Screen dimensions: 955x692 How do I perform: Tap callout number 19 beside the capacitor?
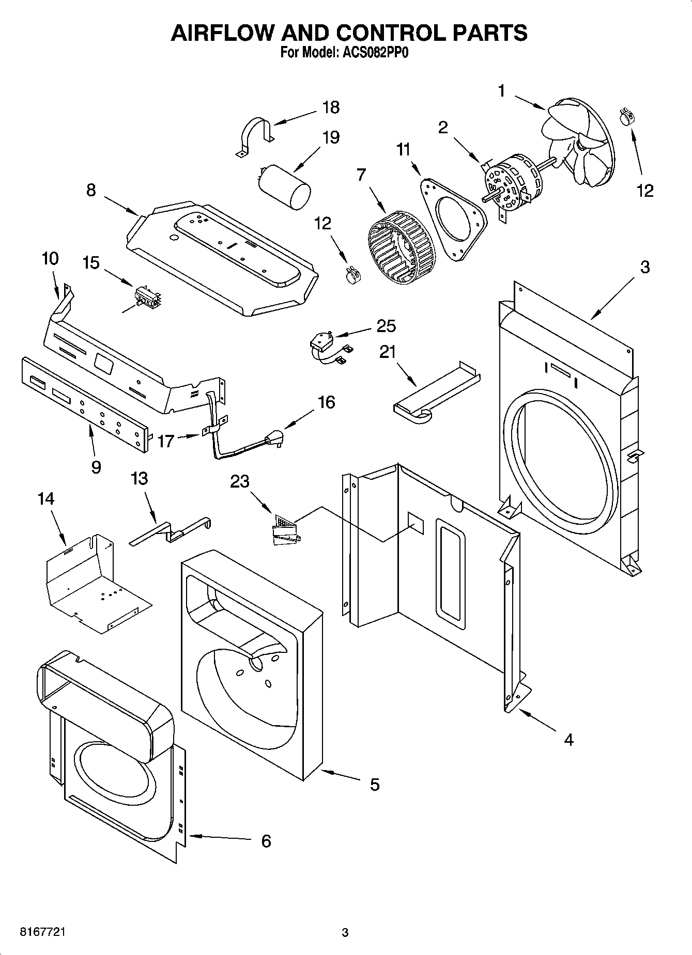tap(331, 137)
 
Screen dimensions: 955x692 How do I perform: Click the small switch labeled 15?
tap(147, 298)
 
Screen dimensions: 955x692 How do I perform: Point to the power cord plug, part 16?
tap(273, 440)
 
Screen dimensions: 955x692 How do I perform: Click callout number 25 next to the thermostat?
tap(386, 326)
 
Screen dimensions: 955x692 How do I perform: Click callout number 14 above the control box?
tap(45, 498)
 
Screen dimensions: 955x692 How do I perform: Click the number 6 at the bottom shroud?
tap(266, 841)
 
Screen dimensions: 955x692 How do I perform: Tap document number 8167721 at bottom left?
tap(42, 932)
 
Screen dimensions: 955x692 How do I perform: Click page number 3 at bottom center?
tap(345, 933)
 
